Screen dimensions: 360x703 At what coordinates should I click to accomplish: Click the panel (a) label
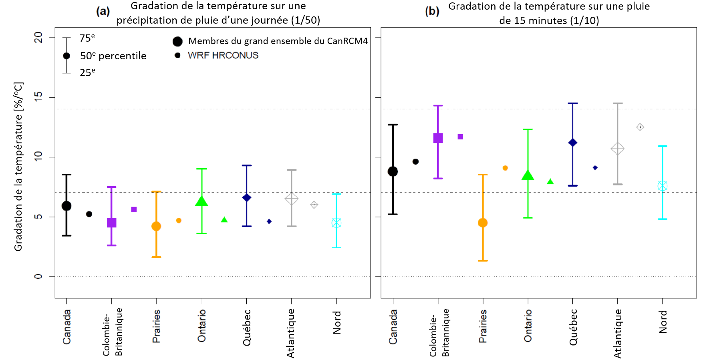click(103, 11)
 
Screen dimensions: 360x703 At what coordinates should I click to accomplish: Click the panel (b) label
click(432, 11)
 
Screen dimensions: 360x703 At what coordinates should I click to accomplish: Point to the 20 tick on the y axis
click(38, 38)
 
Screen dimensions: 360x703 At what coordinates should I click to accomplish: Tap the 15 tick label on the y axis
click(38, 97)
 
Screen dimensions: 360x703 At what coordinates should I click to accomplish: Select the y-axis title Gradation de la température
click(18, 167)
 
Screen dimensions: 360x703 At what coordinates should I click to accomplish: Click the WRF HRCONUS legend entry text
click(223, 55)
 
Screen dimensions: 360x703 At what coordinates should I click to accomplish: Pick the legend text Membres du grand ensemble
click(278, 41)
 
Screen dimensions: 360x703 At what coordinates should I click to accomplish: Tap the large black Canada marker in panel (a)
click(66, 206)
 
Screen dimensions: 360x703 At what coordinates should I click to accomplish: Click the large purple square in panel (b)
click(438, 138)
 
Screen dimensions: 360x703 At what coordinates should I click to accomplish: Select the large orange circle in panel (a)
click(156, 226)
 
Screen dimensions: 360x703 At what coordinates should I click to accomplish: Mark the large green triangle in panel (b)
click(528, 175)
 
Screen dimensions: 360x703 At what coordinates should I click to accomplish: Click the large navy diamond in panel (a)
click(247, 197)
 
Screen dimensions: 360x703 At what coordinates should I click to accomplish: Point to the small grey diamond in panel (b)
click(640, 127)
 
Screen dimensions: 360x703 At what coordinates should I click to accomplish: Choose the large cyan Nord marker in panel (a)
click(336, 223)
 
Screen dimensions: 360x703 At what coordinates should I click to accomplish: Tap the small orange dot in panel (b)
click(505, 168)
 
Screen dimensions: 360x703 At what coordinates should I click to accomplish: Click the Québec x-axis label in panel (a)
click(247, 327)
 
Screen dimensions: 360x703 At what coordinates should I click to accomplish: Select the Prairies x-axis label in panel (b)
click(483, 326)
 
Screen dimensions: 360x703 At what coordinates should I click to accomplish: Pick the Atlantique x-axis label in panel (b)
click(618, 333)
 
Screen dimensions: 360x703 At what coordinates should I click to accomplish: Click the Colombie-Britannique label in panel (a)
click(112, 332)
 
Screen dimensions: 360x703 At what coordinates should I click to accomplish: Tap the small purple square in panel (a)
click(134, 209)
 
